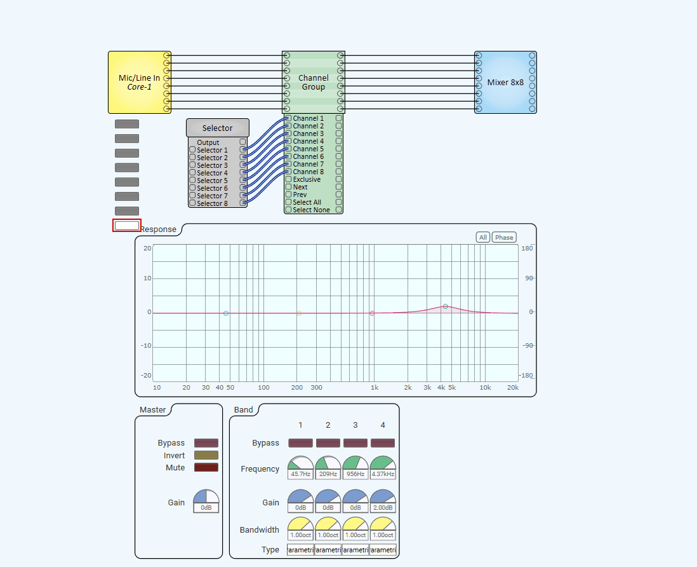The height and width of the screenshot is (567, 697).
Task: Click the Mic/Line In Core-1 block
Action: click(x=139, y=82)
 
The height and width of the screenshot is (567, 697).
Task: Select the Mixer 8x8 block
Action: click(x=505, y=82)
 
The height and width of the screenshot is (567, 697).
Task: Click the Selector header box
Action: click(x=217, y=128)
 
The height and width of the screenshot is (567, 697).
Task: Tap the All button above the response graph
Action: click(x=483, y=237)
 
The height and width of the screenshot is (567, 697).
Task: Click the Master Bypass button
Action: click(x=206, y=443)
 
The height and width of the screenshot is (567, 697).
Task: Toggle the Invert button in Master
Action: click(x=206, y=455)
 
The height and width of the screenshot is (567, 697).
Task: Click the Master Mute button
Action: click(x=206, y=467)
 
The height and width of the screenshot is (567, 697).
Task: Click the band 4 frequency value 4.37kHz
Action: click(x=383, y=474)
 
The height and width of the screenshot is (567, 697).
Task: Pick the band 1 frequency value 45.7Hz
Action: click(x=301, y=474)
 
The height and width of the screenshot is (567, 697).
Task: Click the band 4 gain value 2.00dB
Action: click(x=383, y=508)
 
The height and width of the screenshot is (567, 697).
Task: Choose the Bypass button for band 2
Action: click(x=328, y=443)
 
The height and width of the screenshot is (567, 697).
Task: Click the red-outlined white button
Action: click(x=127, y=225)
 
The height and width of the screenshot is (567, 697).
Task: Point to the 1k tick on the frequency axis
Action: click(x=375, y=387)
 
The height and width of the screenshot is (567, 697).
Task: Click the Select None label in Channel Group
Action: click(x=311, y=210)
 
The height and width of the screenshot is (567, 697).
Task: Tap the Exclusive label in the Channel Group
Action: click(x=307, y=179)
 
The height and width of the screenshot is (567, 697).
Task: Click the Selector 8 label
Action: click(x=212, y=203)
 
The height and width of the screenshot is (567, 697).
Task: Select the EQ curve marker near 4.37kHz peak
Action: click(x=446, y=306)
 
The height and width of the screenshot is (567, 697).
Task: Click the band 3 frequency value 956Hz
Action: click(x=355, y=474)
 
